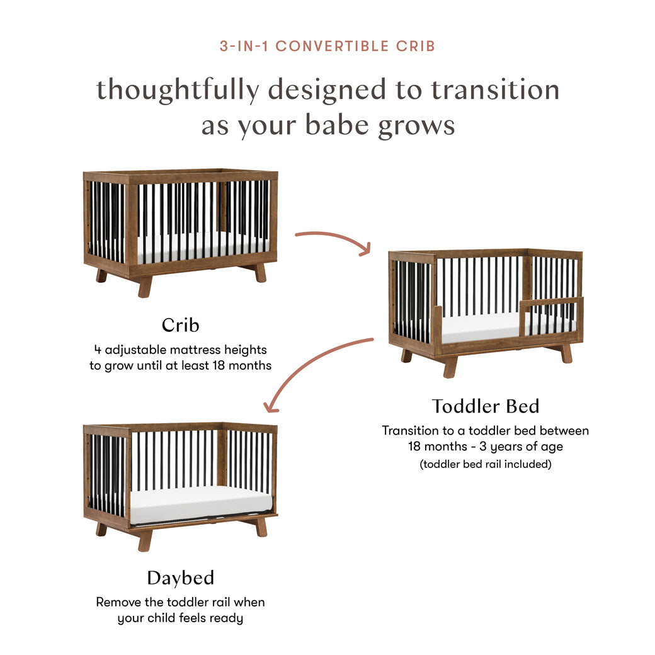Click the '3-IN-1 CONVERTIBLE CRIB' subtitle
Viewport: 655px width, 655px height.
pyautogui.click(x=327, y=46)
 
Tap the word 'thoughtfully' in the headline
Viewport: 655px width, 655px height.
pyautogui.click(x=177, y=89)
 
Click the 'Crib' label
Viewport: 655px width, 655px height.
pyautogui.click(x=180, y=325)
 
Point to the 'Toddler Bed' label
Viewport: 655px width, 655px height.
pyautogui.click(x=486, y=406)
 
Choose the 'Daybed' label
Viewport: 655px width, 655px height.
pyautogui.click(x=180, y=578)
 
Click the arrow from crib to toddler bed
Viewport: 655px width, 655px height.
pyautogui.click(x=333, y=241)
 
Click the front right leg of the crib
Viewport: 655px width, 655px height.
pyautogui.click(x=259, y=272)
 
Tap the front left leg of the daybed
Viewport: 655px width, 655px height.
pyautogui.click(x=145, y=540)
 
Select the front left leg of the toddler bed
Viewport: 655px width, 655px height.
pyautogui.click(x=449, y=366)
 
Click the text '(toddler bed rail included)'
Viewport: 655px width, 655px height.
pyautogui.click(x=485, y=465)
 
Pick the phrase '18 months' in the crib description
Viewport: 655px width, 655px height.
pyautogui.click(x=241, y=365)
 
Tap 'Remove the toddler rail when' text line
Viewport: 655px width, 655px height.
pyautogui.click(x=180, y=601)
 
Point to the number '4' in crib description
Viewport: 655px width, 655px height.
pyautogui.click(x=97, y=349)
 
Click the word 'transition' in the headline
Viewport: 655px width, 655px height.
pyautogui.click(x=495, y=89)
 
